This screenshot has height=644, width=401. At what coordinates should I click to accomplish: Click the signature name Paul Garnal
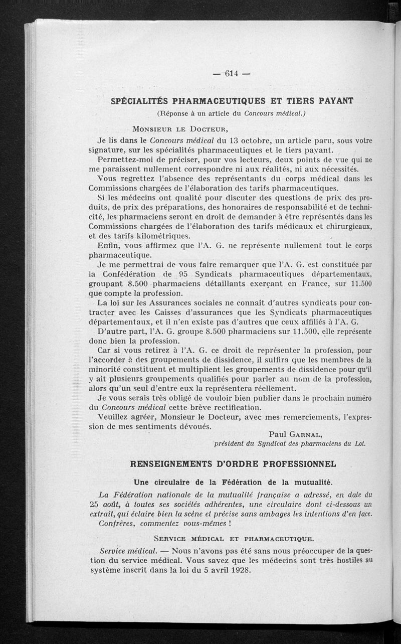coord(295,433)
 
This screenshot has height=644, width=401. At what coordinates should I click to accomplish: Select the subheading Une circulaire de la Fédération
coord(231,482)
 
